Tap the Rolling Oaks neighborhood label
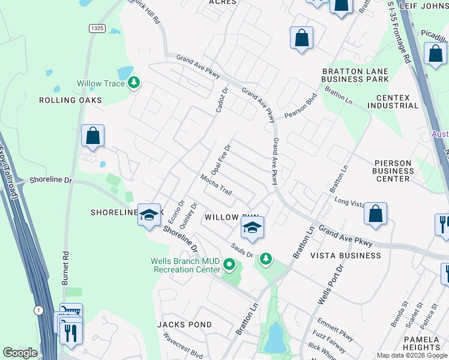pyautogui.click(x=70, y=100)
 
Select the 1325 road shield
pyautogui.click(x=97, y=28)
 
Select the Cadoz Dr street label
pyautogui.click(x=222, y=100)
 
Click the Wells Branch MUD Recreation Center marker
pyautogui.click(x=229, y=264)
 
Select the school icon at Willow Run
pyautogui.click(x=253, y=228)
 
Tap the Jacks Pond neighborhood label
pyautogui.click(x=184, y=325)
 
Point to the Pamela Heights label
pyautogui.click(x=422, y=343)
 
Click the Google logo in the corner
pyautogui.click(x=20, y=353)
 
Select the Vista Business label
pyautogui.click(x=345, y=256)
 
